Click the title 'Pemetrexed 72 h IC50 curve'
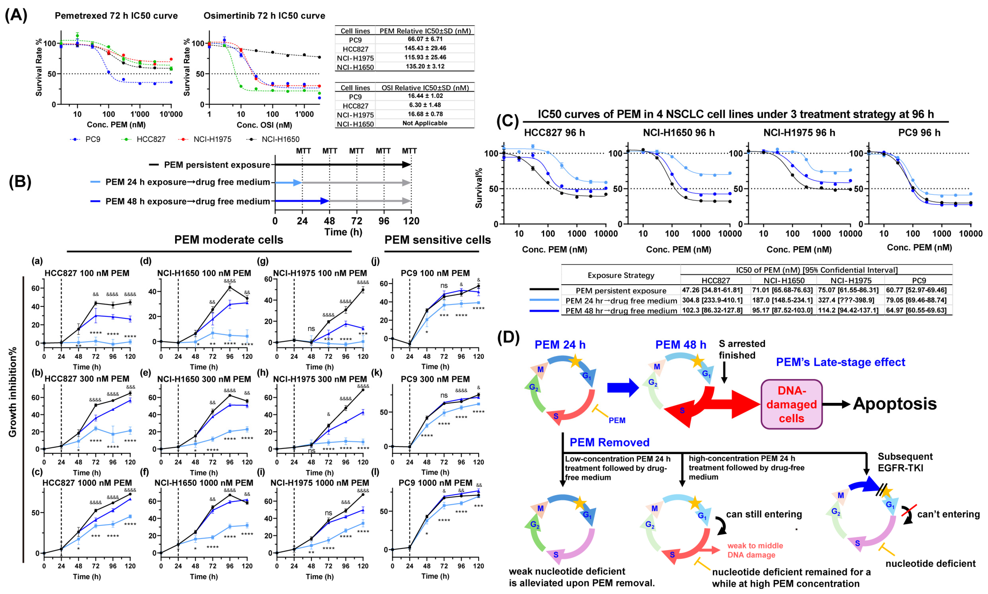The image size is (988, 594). pyautogui.click(x=116, y=15)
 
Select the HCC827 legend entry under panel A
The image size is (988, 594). pyautogui.click(x=150, y=139)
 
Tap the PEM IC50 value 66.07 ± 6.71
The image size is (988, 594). pyautogui.click(x=425, y=39)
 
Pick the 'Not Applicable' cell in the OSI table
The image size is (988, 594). pyautogui.click(x=425, y=123)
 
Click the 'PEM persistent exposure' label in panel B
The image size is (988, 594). pyautogui.click(x=217, y=165)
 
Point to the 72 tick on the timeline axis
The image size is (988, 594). pyautogui.click(x=356, y=221)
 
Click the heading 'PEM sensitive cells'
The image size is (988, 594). pyautogui.click(x=437, y=240)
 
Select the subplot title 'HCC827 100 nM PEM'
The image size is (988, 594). pyautogui.click(x=87, y=273)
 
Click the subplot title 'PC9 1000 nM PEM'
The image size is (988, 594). pyautogui.click(x=435, y=483)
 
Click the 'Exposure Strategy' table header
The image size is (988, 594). pyautogui.click(x=621, y=275)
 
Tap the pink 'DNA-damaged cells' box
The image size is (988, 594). pyautogui.click(x=791, y=404)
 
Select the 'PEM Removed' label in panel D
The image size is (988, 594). pyautogui.click(x=609, y=442)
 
